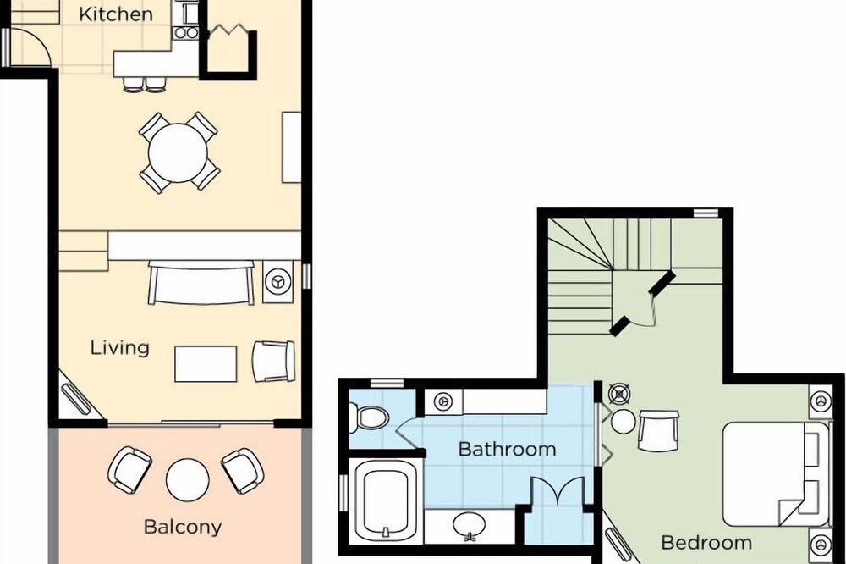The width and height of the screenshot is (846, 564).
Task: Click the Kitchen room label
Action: [x=115, y=14]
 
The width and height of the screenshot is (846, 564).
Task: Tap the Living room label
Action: [x=120, y=347]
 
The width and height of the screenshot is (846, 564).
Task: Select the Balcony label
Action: [x=183, y=527]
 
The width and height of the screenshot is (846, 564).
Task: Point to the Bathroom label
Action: [x=507, y=449]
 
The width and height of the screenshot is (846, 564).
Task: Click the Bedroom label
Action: [x=706, y=542]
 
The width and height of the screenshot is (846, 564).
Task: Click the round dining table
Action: [x=178, y=153]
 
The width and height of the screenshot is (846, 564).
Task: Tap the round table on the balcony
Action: [x=187, y=479]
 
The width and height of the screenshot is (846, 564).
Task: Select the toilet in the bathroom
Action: [x=370, y=417]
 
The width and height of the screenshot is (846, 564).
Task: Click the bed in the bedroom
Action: [x=776, y=474]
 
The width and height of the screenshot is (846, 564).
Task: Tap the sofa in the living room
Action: [x=201, y=283]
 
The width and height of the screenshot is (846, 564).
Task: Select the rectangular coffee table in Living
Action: [x=206, y=364]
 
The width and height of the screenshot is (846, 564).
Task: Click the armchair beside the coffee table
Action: [x=273, y=361]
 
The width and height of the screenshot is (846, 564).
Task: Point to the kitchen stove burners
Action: [x=186, y=33]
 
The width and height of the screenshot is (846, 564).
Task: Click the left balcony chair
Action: [x=129, y=470]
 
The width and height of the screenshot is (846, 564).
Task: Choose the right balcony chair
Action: [x=243, y=471]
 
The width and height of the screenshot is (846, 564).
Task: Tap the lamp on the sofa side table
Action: [x=277, y=282]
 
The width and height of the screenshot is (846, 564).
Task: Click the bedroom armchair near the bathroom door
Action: [x=658, y=430]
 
